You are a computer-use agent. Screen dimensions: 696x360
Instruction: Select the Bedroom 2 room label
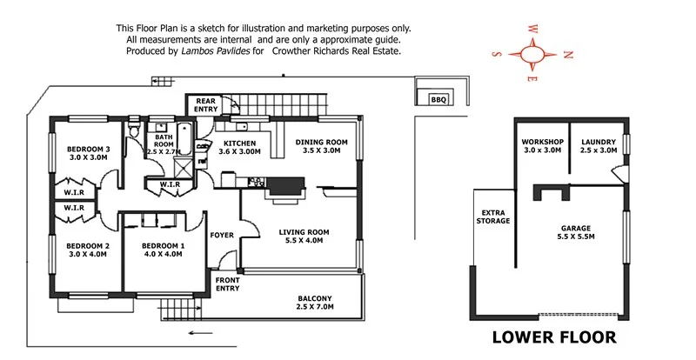click(88, 250)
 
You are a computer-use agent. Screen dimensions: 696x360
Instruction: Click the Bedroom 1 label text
click(164, 250)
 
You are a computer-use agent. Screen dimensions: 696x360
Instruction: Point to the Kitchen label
click(238, 146)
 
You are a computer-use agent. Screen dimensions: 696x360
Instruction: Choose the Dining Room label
click(322, 146)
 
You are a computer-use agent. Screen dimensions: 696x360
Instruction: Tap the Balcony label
click(314, 303)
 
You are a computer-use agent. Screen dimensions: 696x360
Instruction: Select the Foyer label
click(222, 235)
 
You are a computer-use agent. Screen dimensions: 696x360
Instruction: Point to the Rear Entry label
click(206, 104)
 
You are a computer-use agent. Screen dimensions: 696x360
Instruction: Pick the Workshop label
click(543, 146)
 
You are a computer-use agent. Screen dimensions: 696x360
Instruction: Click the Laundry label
click(599, 146)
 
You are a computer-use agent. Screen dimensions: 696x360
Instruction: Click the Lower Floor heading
click(555, 336)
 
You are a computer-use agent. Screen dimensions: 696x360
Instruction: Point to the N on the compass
click(568, 54)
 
